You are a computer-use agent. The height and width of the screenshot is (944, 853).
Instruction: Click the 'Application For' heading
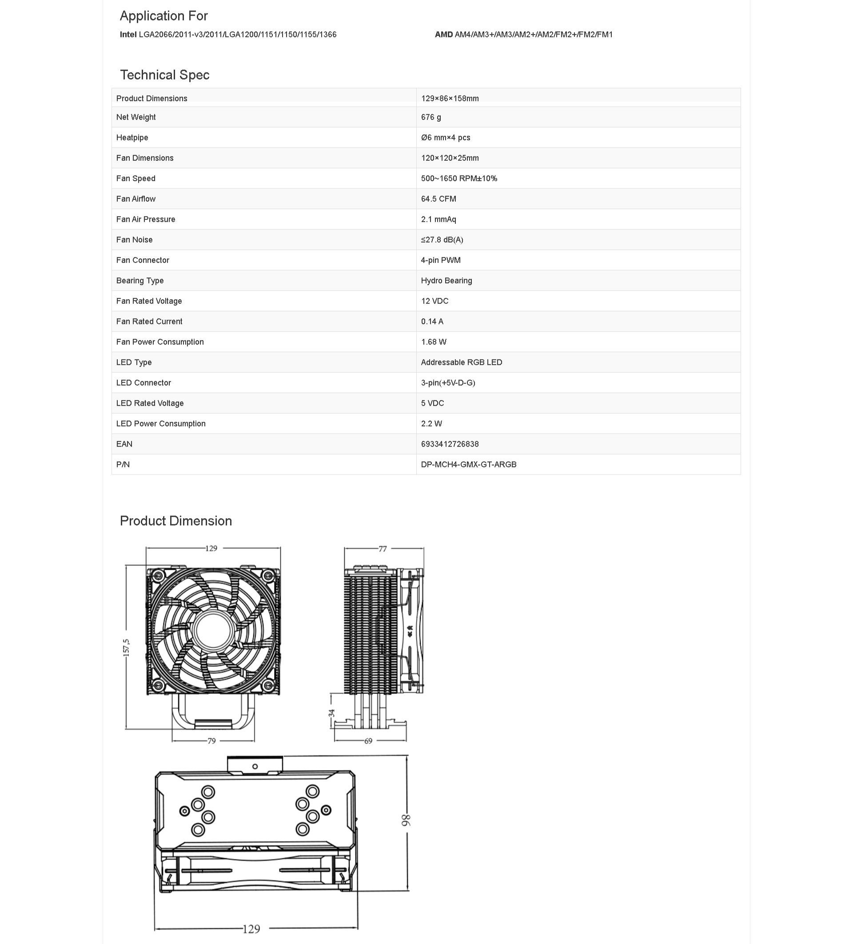[x=163, y=16]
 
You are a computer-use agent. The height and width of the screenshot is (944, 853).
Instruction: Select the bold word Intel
[x=128, y=35]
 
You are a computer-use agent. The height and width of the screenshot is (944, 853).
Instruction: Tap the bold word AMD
[x=443, y=35]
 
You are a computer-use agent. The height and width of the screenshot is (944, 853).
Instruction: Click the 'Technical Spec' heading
[x=164, y=75]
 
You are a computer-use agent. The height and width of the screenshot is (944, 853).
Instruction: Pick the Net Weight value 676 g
[x=430, y=117]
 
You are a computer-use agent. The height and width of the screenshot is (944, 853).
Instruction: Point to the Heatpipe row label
[x=132, y=138]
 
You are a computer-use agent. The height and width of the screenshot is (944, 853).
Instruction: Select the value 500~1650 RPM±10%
[x=459, y=179]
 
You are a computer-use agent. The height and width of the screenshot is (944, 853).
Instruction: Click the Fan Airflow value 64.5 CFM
[x=438, y=199]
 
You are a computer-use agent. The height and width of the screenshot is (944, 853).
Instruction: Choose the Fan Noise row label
[x=134, y=240]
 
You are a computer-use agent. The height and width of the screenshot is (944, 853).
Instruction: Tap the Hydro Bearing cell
[x=446, y=280]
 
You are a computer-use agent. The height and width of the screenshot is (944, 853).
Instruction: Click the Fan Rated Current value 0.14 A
[x=432, y=322]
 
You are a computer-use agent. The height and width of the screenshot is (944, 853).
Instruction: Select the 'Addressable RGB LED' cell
[x=461, y=362]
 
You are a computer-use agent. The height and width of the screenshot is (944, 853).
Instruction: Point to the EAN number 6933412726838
[x=450, y=444]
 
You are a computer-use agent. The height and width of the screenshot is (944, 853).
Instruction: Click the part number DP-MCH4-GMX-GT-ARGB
[x=469, y=465]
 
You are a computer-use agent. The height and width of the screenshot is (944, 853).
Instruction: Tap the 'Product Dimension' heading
[x=175, y=521]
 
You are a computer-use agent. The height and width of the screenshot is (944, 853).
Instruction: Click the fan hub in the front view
[x=213, y=631]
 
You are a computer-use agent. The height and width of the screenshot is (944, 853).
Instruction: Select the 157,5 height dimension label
[x=127, y=648]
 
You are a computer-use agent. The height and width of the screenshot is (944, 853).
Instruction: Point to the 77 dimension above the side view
[x=383, y=549]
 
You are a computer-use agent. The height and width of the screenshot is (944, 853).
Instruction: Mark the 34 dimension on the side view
[x=331, y=713]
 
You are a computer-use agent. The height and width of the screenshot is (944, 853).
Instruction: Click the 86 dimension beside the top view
[x=406, y=820]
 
